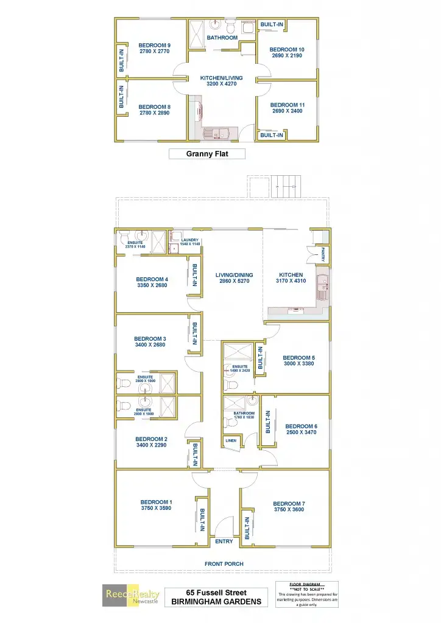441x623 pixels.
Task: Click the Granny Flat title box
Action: [x=206, y=154]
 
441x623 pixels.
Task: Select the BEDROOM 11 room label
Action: [x=287, y=105]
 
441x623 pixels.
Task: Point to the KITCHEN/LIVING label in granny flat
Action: [x=221, y=78]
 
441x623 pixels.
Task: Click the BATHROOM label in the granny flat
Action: [x=222, y=38]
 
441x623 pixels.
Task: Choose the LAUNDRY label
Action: [x=189, y=240]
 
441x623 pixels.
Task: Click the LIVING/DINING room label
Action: [x=234, y=275]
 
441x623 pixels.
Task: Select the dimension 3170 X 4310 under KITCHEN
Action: [x=291, y=281]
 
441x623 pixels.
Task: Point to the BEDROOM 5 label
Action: [x=298, y=358]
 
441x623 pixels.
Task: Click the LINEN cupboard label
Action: [x=230, y=440]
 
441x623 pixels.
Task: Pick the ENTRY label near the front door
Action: [x=224, y=541]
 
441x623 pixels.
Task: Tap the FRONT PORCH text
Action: [x=224, y=564]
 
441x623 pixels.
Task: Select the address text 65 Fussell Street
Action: [x=216, y=593]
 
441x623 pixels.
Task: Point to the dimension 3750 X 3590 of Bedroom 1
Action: [x=156, y=508]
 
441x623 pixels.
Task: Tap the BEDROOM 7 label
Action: [x=289, y=504]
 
